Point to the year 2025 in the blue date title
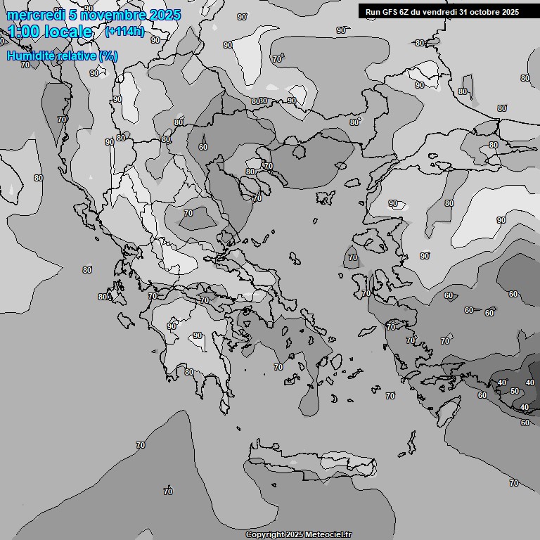(165, 15)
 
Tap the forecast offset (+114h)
(124, 32)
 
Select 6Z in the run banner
(405, 12)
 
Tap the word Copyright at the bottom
(265, 535)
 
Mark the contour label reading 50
(515, 391)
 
